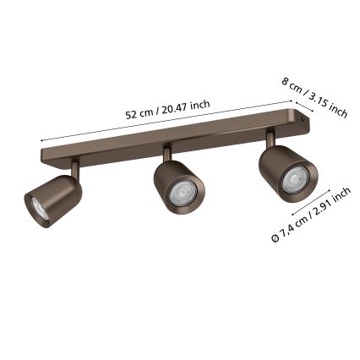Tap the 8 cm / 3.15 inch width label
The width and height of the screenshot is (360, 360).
click(x=315, y=98)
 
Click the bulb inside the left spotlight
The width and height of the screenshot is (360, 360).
click(x=39, y=208)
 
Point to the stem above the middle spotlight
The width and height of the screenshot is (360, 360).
click(x=166, y=153)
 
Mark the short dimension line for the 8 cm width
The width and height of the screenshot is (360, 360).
click(x=304, y=107)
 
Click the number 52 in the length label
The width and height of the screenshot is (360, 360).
click(x=131, y=115)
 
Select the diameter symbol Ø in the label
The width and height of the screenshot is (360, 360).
click(x=275, y=240)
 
